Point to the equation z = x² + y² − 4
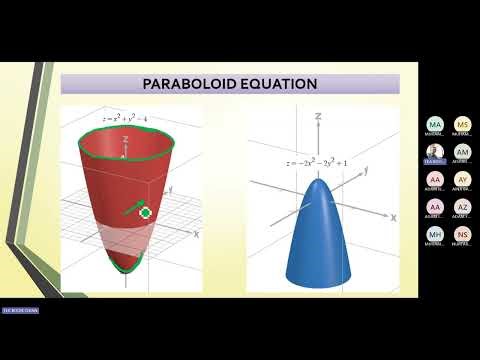tap(131, 118)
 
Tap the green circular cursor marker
tap(146, 212)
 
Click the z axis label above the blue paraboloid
tap(316, 117)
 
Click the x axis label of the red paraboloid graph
tap(197, 233)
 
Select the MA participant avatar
tap(434, 125)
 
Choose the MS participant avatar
tap(462, 125)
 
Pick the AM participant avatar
tap(462, 152)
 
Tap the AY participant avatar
tap(462, 180)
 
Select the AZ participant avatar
tap(462, 207)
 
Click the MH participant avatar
tap(434, 235)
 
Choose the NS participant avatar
tap(462, 235)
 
